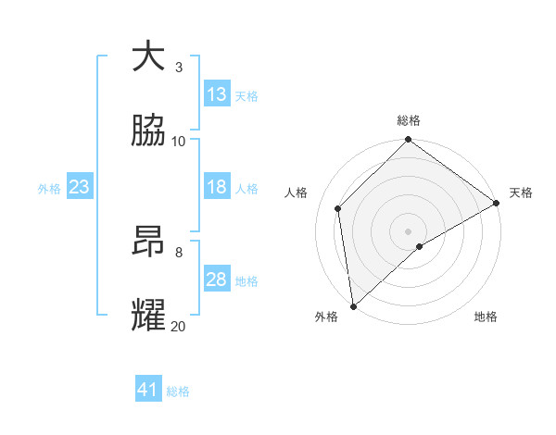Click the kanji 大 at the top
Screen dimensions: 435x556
point(148,56)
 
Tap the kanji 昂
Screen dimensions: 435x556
point(148,242)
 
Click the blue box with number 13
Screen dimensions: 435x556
point(217,94)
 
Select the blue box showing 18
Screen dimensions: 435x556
point(217,187)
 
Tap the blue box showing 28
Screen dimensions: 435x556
point(217,280)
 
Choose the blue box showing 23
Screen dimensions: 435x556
point(80,187)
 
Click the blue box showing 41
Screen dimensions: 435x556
point(148,390)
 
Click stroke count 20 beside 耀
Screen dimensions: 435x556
point(179,326)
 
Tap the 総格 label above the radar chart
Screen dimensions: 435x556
point(409,120)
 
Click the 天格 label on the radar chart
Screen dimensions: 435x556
point(521,193)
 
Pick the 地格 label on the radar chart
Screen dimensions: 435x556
point(486,317)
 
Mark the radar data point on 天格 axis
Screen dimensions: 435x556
point(497,204)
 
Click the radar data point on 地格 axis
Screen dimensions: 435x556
point(420,246)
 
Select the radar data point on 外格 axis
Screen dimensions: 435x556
point(353,306)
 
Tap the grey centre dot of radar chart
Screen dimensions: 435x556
point(409,230)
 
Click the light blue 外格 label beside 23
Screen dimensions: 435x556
point(49,188)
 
